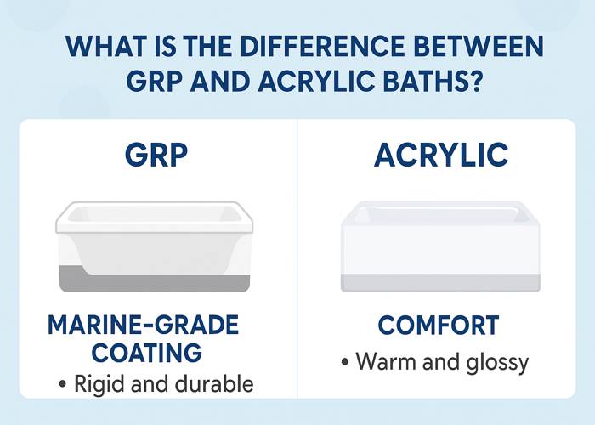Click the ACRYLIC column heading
tap(441, 156)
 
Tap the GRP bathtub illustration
tap(153, 246)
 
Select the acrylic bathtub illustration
tap(439, 246)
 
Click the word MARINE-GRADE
tap(144, 325)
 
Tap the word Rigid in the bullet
tap(98, 384)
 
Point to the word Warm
tap(382, 361)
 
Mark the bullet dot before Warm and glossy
tap(345, 363)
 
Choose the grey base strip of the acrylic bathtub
tap(439, 282)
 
